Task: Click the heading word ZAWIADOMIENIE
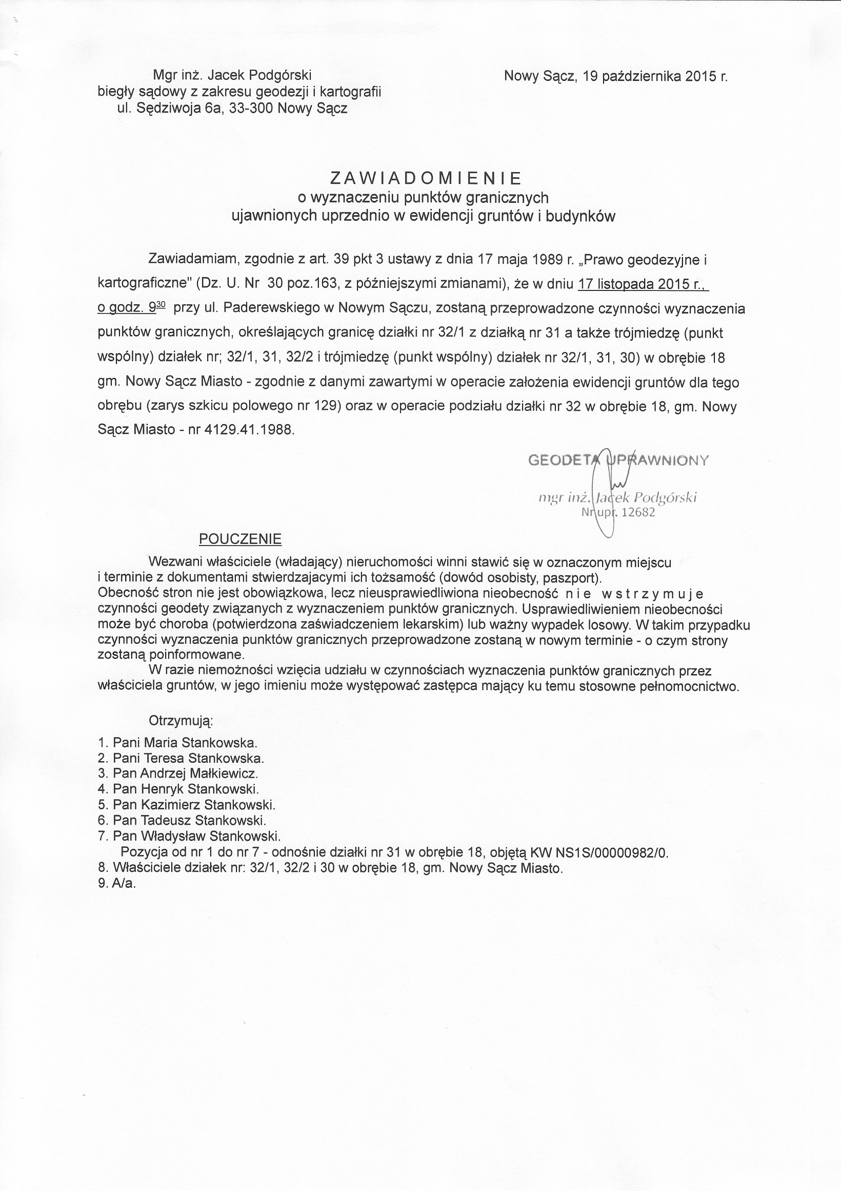click(425, 178)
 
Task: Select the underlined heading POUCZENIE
click(240, 539)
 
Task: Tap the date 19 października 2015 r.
click(655, 77)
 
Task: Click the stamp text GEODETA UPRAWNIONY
click(618, 461)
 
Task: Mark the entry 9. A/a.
click(117, 884)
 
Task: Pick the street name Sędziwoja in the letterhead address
click(169, 109)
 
